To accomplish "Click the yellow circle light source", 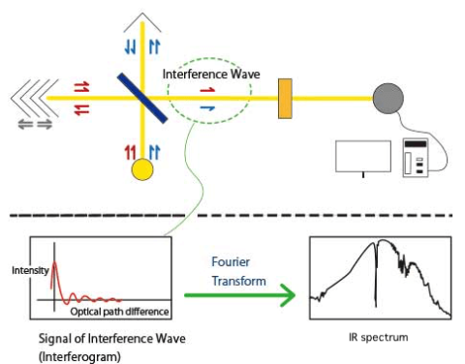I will [142, 170].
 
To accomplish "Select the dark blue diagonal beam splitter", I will [142, 98].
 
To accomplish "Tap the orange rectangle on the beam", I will [285, 98].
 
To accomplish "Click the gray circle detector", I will [387, 98].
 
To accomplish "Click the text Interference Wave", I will [204, 74].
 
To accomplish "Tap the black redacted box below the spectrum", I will [373, 339].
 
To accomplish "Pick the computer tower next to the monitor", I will [416, 159].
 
